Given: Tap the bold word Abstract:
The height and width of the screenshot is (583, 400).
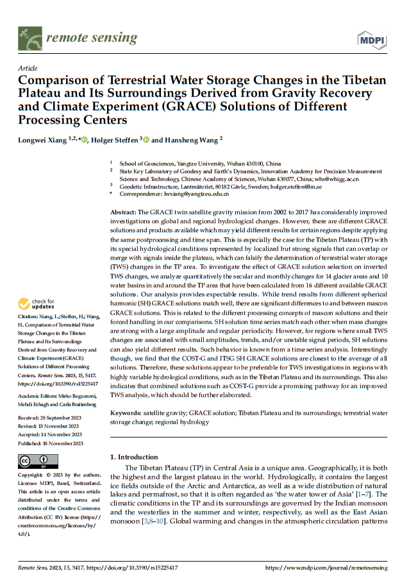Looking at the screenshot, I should tap(123, 211).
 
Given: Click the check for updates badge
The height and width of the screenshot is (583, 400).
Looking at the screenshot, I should tap(39, 303).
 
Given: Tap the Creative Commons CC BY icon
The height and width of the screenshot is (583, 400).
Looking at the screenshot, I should tap(38, 460).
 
